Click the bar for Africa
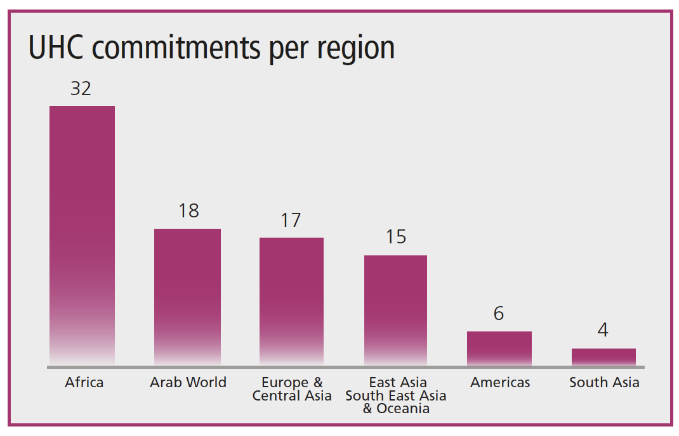[82, 234]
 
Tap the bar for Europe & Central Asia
[291, 301]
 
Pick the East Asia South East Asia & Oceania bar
[395, 310]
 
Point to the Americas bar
[499, 348]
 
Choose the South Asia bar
[603, 357]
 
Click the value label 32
[81, 89]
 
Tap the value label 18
[188, 211]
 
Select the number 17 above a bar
[291, 221]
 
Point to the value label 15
[395, 237]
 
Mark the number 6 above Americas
[499, 314]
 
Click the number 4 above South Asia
[603, 330]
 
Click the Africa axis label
[84, 383]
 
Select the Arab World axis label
[188, 383]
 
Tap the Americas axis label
[500, 383]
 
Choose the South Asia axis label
[604, 383]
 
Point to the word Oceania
[403, 409]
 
